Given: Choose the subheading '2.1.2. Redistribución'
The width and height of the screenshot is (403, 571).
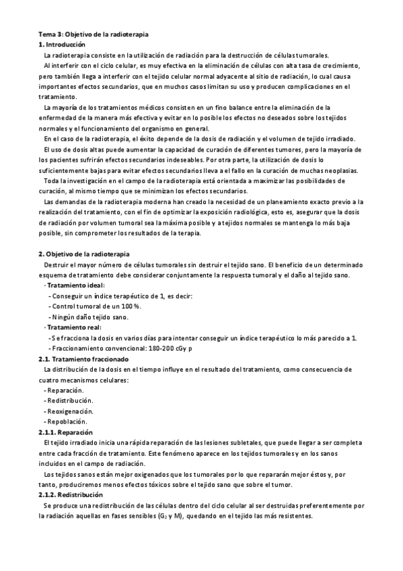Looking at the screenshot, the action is [x=71, y=494].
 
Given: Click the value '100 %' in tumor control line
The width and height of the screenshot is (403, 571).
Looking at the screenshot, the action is [x=129, y=306].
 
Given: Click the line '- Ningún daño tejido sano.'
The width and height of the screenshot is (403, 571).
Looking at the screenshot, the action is [x=89, y=317].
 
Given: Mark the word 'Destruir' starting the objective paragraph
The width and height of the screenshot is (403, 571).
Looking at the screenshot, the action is [x=57, y=265].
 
